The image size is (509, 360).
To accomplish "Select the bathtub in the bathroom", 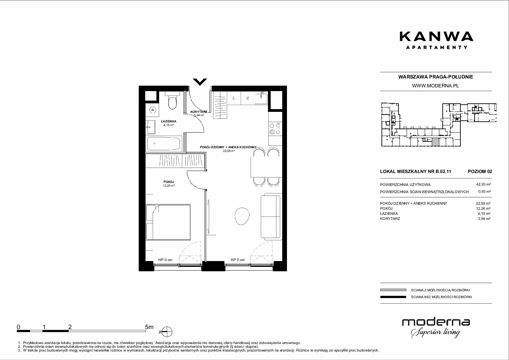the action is point(165,143).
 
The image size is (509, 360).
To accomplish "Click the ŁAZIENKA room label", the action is point(169,121).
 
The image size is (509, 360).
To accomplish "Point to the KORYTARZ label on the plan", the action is point(199,112).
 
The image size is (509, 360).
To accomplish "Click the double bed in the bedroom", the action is point(168,222).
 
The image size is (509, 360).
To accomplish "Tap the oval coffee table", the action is point(242,216).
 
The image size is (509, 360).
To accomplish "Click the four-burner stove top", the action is point(275,129).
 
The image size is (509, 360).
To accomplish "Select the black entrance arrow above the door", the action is point(200,82).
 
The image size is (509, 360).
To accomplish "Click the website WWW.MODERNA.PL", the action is point(435,86).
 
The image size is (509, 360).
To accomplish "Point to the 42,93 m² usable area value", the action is point(483,185).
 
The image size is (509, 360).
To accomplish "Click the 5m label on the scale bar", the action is point(149,327).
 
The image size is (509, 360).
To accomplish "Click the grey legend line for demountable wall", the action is point(393,290).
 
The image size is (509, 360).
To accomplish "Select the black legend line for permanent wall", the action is point(393,297).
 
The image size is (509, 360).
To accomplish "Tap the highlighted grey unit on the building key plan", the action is point(435,142).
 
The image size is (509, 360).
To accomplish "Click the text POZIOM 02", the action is point(480,171).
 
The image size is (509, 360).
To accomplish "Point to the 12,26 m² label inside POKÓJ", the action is point(169,186).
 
